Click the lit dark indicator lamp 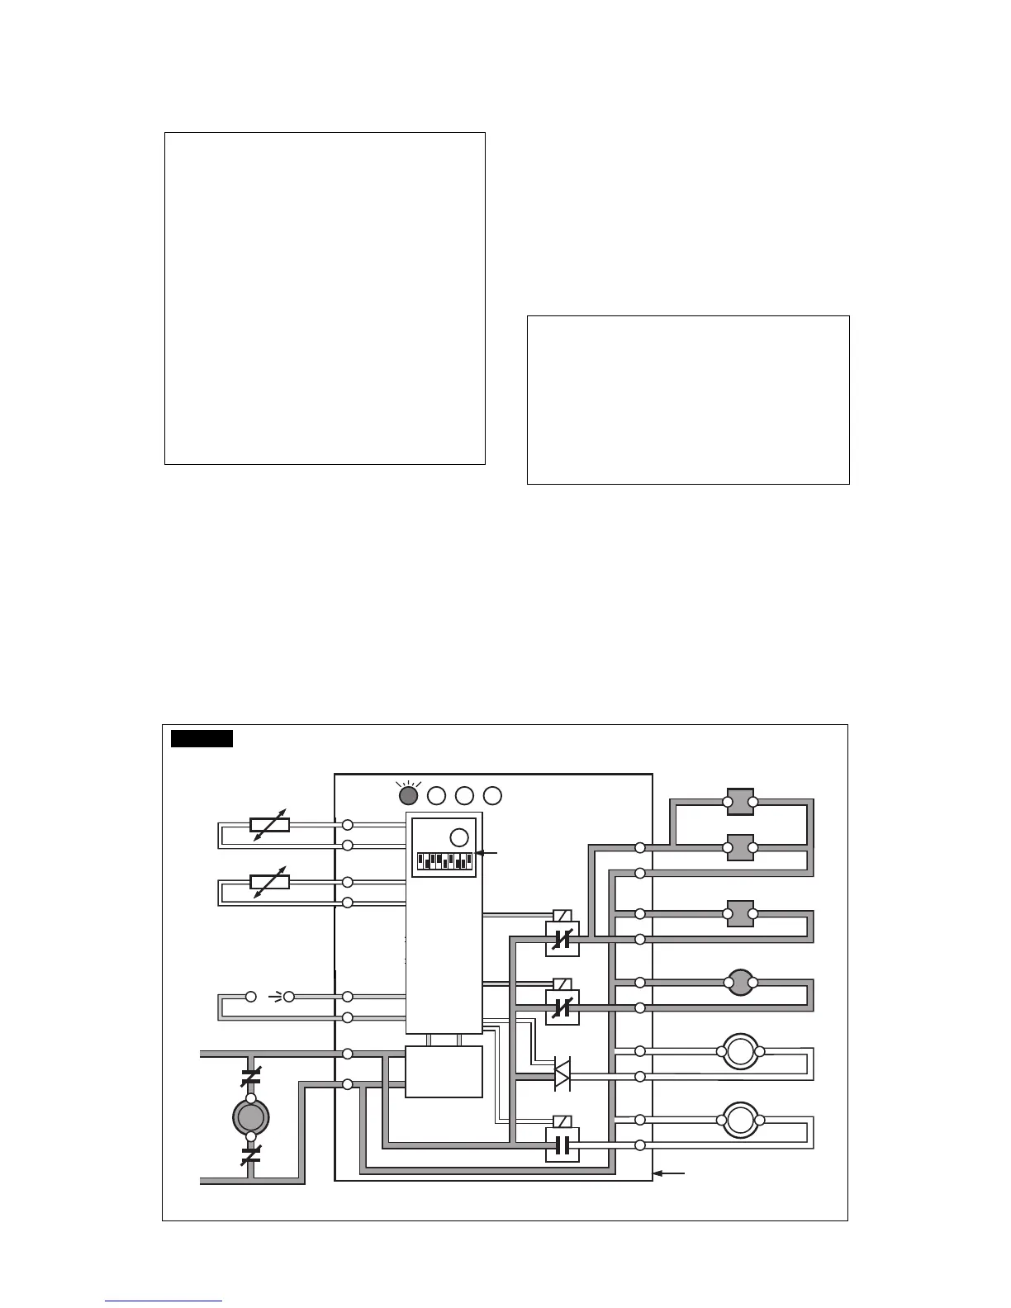[x=407, y=795]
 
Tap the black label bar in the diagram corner [x=202, y=738]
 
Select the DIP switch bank [x=444, y=861]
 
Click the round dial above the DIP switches [x=459, y=836]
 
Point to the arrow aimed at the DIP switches [x=488, y=853]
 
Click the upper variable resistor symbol [x=269, y=824]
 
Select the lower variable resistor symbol [x=269, y=882]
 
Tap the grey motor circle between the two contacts [x=251, y=1117]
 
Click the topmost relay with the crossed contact [x=562, y=938]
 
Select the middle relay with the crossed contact [x=562, y=1007]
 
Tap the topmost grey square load [x=740, y=801]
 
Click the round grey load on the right [x=740, y=983]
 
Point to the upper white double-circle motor [x=740, y=1051]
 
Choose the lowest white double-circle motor [x=740, y=1120]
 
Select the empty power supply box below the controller [x=444, y=1072]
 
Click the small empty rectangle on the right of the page [x=688, y=400]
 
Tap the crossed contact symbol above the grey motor [x=251, y=1077]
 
